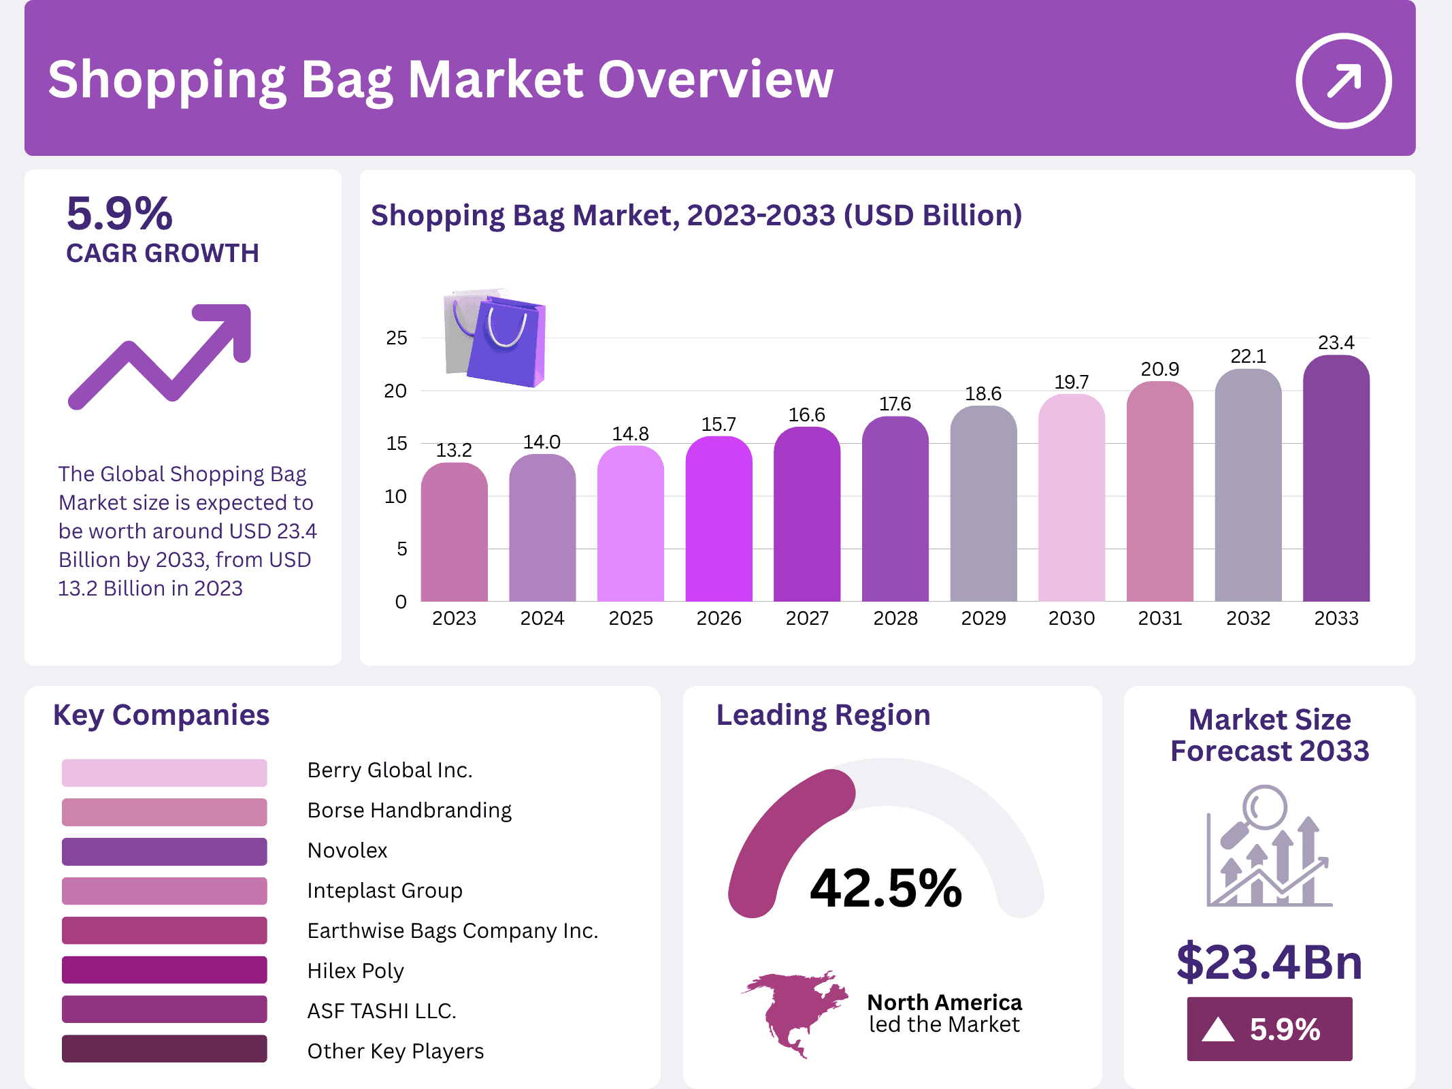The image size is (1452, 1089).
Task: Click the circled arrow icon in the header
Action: (x=1343, y=81)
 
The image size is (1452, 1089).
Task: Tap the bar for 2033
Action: (x=1336, y=480)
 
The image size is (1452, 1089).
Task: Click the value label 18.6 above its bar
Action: (x=983, y=393)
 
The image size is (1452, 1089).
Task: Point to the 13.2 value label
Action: (x=454, y=450)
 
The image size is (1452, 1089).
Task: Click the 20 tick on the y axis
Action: (x=395, y=391)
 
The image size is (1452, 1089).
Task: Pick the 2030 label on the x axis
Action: (x=1072, y=618)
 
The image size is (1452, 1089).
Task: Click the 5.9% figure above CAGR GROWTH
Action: (x=120, y=213)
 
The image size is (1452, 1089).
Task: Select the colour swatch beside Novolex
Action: (x=164, y=851)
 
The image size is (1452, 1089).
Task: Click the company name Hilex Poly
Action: (x=355, y=971)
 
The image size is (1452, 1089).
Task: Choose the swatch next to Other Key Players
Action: (x=164, y=1049)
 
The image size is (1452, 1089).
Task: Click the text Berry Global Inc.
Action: (x=389, y=770)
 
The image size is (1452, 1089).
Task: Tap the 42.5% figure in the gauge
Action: (x=886, y=888)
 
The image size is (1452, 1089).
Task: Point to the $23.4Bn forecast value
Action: (x=1269, y=962)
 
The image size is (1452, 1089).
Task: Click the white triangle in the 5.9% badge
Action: (x=1217, y=1030)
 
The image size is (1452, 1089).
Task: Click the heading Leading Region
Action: (x=823, y=715)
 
